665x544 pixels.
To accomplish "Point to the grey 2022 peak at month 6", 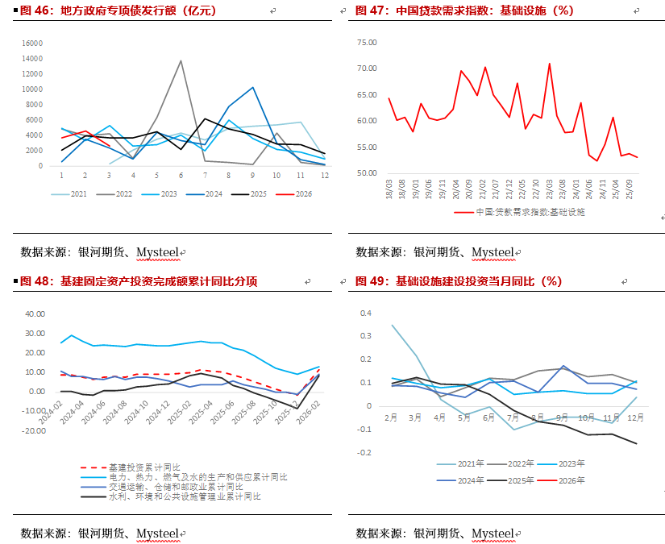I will coord(181,60).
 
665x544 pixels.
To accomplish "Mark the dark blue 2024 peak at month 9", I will coord(253,87).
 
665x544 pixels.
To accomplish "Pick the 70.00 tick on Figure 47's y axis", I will coord(367,69).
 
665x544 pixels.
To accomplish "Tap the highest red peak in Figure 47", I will coord(550,63).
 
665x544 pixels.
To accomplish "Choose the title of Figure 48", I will coord(137,281).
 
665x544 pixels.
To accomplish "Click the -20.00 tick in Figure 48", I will coord(35,431).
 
